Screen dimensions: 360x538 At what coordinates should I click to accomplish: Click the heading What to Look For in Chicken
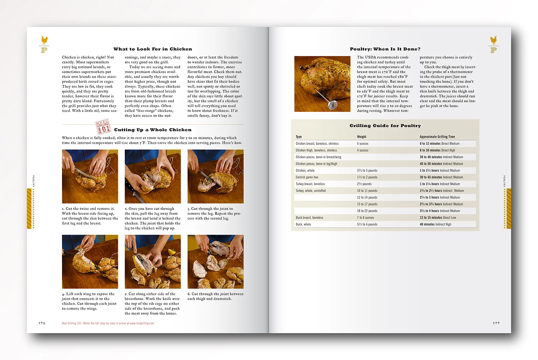tap(152, 49)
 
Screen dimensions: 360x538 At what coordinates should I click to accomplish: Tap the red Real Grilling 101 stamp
tap(103, 127)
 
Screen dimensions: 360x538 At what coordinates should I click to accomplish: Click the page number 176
tap(42, 323)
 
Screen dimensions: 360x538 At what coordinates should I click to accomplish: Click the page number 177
tap(496, 323)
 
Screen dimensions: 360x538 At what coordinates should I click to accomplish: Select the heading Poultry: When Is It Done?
tap(385, 49)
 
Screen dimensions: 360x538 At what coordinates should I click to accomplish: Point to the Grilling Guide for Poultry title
tap(385, 126)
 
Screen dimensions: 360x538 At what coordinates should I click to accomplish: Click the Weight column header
tap(362, 137)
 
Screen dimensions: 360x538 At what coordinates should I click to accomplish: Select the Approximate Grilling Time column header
tap(437, 137)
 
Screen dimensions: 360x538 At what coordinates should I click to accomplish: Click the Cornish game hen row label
tap(307, 177)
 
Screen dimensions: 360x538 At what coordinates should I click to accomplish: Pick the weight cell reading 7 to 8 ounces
tap(365, 218)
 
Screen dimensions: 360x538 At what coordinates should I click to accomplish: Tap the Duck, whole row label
tap(303, 224)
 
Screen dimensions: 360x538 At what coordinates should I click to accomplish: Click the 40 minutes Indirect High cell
tap(435, 224)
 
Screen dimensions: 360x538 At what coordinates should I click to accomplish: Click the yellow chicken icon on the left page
tap(44, 40)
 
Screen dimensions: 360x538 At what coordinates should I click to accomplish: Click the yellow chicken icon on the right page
tap(494, 40)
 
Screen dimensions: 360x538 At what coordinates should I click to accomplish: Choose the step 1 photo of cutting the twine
tap(90, 176)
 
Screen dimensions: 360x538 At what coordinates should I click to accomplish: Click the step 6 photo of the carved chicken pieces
tap(215, 262)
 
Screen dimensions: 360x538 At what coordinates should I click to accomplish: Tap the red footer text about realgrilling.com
tap(108, 323)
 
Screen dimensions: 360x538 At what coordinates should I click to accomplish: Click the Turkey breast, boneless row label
tap(310, 184)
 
